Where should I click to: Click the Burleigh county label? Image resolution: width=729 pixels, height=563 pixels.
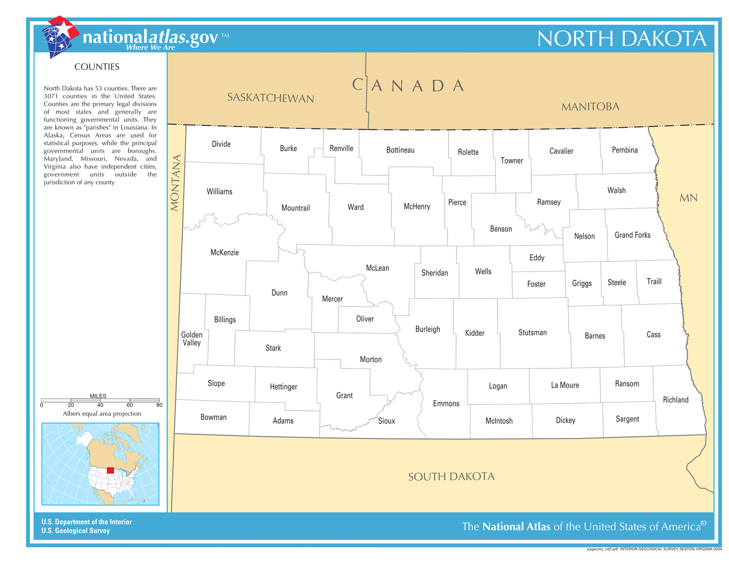tap(427, 329)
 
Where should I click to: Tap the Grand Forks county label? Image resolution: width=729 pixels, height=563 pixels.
tap(632, 235)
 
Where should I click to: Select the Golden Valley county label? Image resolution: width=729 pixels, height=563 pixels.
tap(192, 339)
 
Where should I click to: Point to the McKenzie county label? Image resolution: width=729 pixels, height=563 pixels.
tap(225, 252)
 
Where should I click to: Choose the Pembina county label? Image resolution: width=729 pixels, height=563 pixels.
tap(625, 150)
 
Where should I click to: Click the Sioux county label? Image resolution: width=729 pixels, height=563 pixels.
tap(386, 421)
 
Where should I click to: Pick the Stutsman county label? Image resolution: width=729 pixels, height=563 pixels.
tap(532, 333)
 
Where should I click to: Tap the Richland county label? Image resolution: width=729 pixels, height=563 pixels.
tap(676, 399)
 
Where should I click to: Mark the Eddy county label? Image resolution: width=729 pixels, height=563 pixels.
tap(537, 258)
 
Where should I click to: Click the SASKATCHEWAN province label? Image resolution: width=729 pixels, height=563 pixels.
tap(271, 98)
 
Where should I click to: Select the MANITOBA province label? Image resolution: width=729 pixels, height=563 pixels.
tap(590, 107)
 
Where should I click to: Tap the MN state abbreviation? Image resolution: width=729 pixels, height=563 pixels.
tap(688, 198)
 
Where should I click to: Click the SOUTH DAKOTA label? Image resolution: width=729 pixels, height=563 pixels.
tap(451, 476)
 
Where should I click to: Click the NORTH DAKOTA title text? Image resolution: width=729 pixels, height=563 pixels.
tap(621, 39)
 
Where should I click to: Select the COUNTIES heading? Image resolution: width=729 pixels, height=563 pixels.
tap(97, 67)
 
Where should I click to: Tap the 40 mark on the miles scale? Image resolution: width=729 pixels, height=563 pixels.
tap(100, 405)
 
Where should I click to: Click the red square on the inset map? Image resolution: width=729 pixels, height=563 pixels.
tap(110, 471)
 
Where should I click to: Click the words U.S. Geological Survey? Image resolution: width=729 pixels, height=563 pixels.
tap(76, 531)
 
